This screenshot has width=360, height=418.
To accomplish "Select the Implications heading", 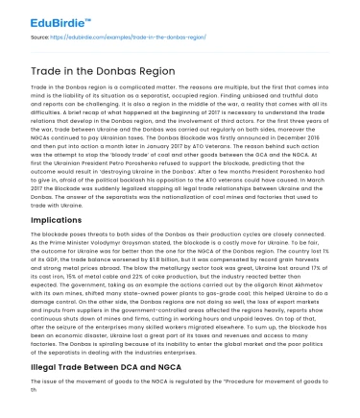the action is click(x=56, y=192).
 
